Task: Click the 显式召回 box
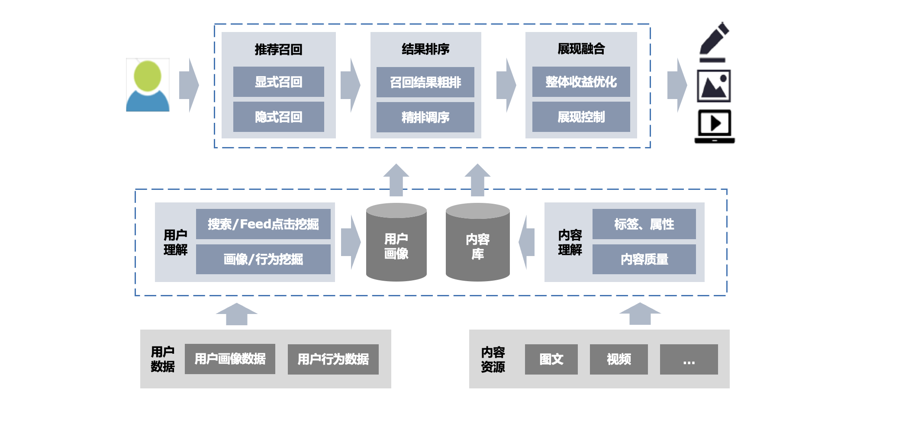pos(278,82)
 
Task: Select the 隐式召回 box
pos(278,117)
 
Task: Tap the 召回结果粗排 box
pos(425,82)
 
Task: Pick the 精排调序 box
pos(425,117)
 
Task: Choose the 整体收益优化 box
pos(581,82)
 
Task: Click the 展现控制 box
pos(581,117)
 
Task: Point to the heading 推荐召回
pos(278,49)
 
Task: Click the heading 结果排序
pos(425,49)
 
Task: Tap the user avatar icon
pos(148,86)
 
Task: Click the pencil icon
pos(714,42)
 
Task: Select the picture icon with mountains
pos(714,86)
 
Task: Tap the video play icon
pos(715,126)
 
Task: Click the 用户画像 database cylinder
pos(396,243)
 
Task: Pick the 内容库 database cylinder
pos(477,243)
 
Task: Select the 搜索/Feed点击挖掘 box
pos(263,224)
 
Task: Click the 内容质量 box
pos(644,259)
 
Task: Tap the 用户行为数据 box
pos(333,359)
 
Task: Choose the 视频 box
pos(619,359)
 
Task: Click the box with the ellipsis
pos(689,359)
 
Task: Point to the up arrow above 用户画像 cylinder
pos(396,179)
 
